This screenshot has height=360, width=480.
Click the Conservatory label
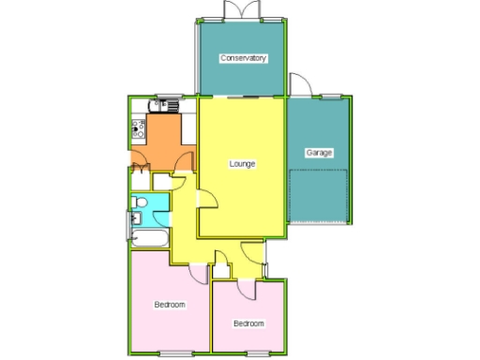point(243,58)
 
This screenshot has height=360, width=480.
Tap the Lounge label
point(243,164)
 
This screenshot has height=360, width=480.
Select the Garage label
point(319,152)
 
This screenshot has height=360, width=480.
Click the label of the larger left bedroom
point(170,305)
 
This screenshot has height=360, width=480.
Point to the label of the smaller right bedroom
point(248,323)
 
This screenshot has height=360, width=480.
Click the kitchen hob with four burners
point(138,127)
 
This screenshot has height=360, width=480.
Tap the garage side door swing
point(298,84)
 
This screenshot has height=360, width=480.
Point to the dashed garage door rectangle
point(319,196)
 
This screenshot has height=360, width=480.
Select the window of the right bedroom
point(254,352)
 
